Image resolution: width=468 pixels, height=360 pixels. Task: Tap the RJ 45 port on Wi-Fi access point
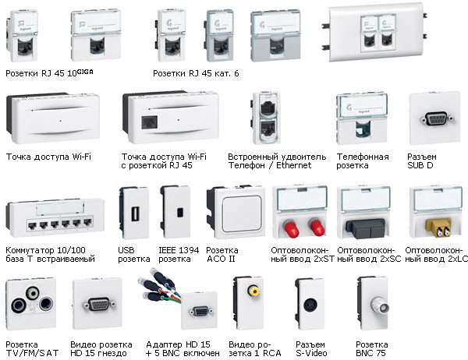click(x=150, y=122)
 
